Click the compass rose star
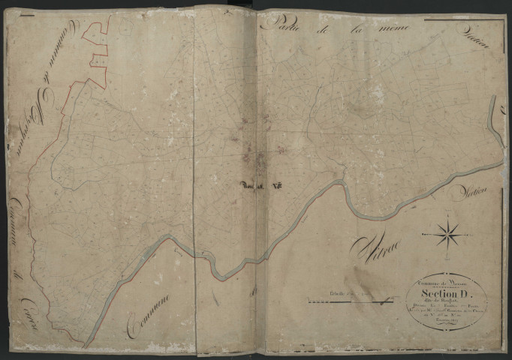tap(450, 232)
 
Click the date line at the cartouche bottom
tap(443, 328)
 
